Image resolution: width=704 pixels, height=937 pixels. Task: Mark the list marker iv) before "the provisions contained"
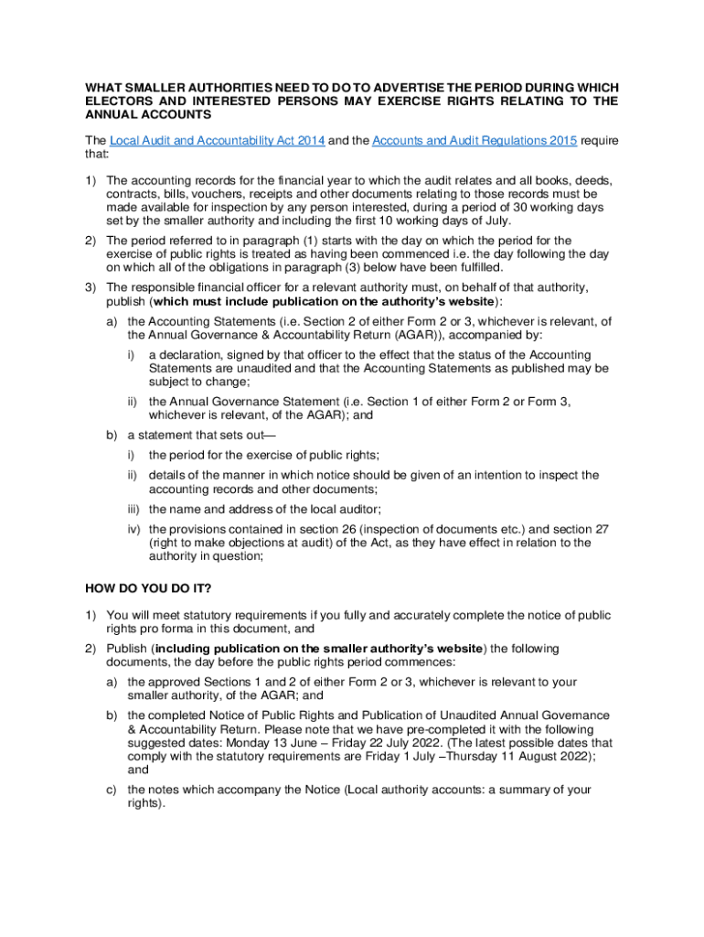134,529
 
